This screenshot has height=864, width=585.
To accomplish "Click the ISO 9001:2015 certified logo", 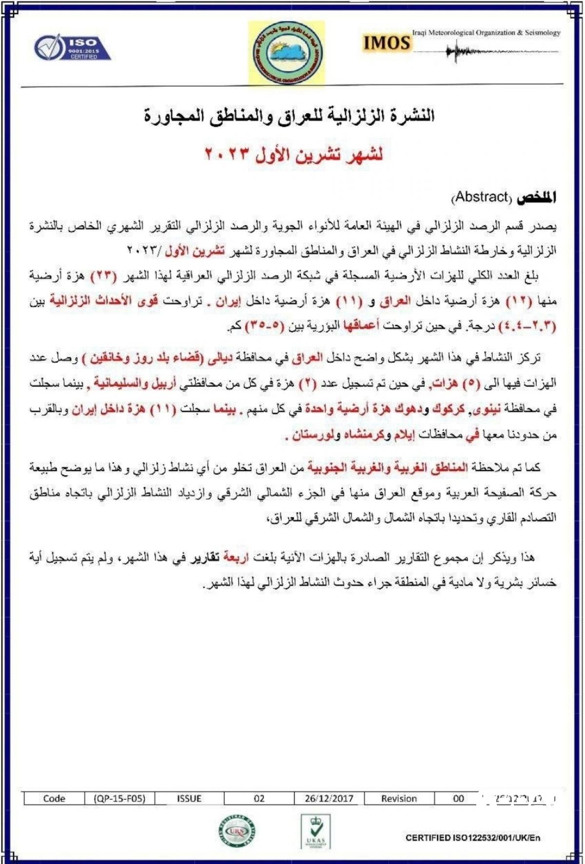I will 72,47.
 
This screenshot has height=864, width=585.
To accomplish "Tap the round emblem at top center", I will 287,53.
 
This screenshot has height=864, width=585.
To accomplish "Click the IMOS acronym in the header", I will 386,43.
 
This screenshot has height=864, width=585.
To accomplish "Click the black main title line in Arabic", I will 289,117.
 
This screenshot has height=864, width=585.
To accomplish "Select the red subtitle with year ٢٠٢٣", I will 293,155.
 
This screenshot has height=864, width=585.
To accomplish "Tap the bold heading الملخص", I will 536,197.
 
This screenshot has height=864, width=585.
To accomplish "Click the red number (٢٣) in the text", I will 103,276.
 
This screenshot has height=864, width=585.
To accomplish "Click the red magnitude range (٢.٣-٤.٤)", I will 527,326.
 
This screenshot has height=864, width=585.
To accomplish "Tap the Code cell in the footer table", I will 54,799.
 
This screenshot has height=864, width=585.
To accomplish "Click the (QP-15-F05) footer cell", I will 120,799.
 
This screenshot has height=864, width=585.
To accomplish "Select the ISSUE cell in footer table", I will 189,799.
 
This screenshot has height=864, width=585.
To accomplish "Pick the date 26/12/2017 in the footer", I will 329,799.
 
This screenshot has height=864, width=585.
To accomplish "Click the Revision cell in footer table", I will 399,799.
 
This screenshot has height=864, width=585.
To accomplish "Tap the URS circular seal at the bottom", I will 237,831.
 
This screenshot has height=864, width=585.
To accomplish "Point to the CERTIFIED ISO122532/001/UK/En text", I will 472,838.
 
